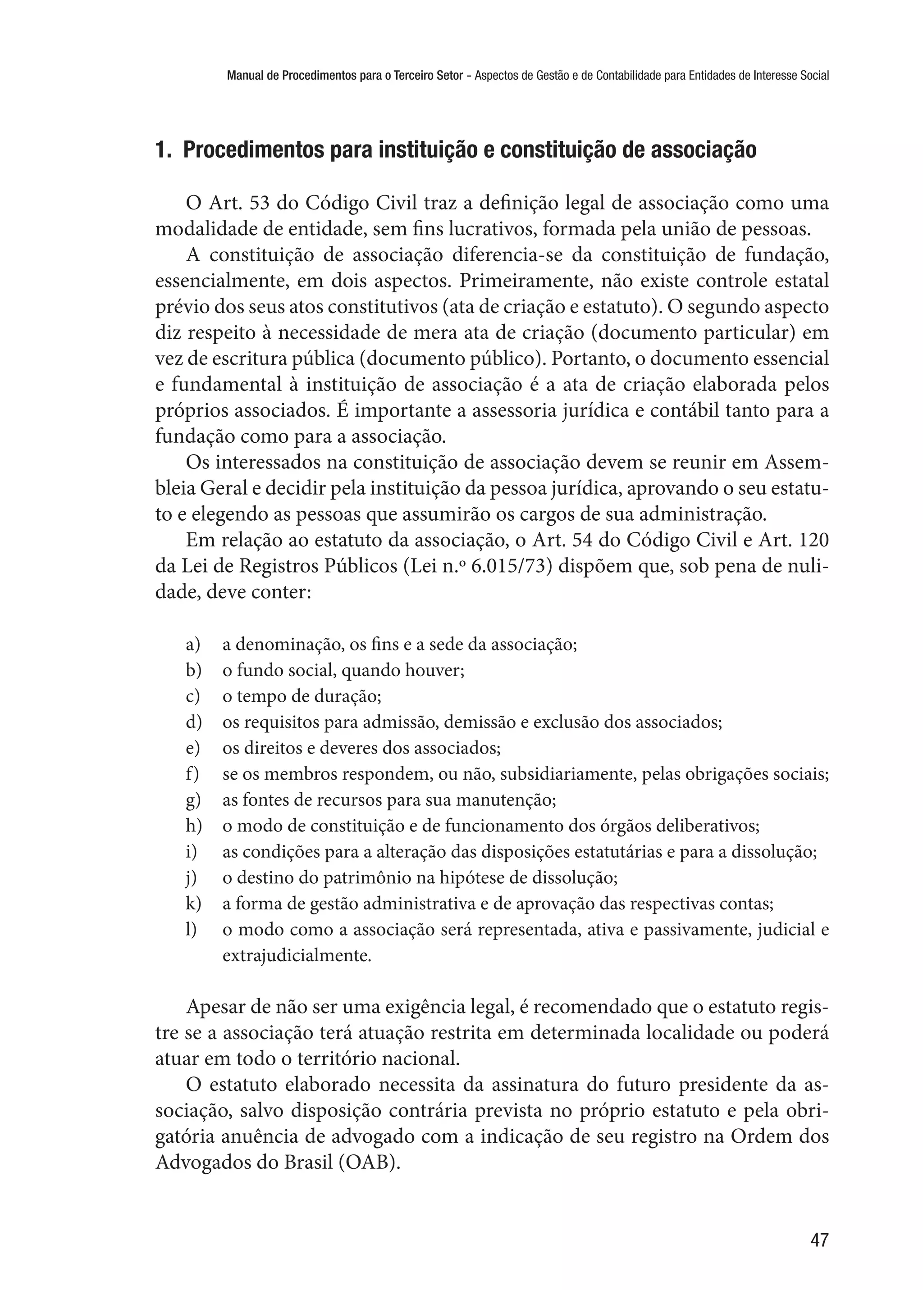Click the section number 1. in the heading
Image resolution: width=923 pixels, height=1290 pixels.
[163, 150]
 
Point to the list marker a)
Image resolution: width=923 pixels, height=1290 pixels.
[193, 645]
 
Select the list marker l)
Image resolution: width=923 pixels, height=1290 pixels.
[192, 930]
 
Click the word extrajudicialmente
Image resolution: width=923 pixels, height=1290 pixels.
[296, 955]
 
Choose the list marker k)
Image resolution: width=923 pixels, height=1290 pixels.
[193, 904]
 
